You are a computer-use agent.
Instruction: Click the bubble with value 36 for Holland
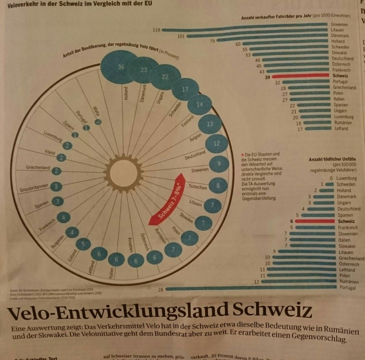tap(121, 66)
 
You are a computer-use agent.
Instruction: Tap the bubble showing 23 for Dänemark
tap(144, 69)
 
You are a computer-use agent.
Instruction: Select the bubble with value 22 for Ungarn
tap(165, 77)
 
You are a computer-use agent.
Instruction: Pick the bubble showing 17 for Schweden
tap(185, 89)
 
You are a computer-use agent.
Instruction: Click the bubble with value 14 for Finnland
tap(200, 105)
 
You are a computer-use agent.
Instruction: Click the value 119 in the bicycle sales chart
tap(156, 30)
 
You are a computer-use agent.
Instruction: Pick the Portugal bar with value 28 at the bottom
tap(252, 288)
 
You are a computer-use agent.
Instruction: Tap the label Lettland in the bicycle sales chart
tap(340, 128)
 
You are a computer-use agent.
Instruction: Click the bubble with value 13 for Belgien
tap(210, 124)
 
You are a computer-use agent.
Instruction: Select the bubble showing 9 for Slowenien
tap(219, 164)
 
